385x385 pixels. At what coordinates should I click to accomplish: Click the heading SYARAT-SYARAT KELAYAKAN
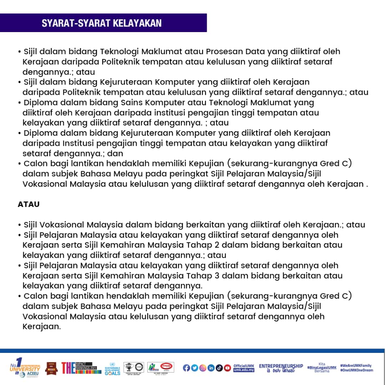click(x=102, y=23)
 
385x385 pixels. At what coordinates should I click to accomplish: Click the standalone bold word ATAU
click(x=29, y=205)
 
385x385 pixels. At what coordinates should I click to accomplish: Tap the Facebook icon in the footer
click(x=186, y=368)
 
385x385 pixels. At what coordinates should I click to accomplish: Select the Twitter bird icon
click(x=194, y=368)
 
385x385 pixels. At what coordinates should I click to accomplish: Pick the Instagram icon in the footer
click(x=202, y=368)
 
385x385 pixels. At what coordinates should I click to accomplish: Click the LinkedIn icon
click(x=211, y=368)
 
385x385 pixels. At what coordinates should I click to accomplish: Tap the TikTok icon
click(x=219, y=368)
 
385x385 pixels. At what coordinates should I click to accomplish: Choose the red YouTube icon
click(x=227, y=368)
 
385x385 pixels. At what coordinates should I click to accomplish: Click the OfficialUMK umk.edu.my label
click(x=244, y=368)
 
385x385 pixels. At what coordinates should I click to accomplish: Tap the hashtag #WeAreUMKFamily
click(x=356, y=366)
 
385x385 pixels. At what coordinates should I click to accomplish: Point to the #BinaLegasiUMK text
click(x=322, y=368)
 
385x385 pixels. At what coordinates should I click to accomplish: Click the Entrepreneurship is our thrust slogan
click(x=281, y=368)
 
